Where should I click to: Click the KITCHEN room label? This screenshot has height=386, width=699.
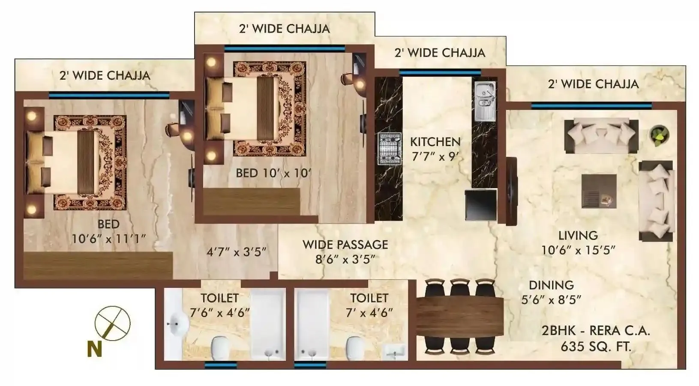(435, 141)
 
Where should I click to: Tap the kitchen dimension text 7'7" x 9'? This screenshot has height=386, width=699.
(435, 157)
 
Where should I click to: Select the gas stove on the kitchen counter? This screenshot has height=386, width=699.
(389, 149)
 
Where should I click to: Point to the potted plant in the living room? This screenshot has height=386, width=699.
(659, 135)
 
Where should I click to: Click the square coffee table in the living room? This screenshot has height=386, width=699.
(599, 191)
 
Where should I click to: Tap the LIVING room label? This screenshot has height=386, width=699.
(578, 236)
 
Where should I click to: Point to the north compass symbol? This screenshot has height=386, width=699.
(112, 323)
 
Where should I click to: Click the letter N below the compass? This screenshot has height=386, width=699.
(95, 349)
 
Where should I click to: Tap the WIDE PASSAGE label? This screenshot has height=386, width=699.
(345, 245)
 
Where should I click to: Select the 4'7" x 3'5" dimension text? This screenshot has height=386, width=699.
(237, 252)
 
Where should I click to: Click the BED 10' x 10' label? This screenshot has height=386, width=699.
(273, 173)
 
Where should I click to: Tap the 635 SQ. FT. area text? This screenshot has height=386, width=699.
(596, 346)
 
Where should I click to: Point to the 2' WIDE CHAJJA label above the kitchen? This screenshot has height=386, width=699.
(440, 53)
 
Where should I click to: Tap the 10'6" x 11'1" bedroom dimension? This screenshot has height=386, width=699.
(108, 239)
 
